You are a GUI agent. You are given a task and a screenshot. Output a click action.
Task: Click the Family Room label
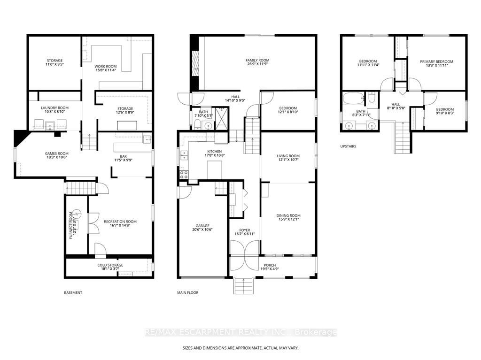257,61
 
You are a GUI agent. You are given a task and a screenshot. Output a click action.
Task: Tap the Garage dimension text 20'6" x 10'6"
202,230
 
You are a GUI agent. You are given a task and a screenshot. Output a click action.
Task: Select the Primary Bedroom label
436,61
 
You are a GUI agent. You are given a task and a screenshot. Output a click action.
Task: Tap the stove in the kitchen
184,175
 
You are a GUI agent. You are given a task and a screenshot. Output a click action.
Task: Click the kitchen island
214,169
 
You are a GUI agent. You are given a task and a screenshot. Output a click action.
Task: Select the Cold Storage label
110,265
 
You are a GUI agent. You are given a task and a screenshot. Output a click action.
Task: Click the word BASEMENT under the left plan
73,292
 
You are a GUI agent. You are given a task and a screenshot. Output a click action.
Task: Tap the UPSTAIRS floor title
348,146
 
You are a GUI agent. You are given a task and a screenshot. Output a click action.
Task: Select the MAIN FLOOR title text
188,292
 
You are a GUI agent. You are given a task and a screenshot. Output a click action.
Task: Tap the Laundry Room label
55,108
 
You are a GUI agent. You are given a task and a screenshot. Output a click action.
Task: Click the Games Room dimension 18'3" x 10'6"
57,157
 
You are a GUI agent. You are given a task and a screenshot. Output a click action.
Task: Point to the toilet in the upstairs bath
371,98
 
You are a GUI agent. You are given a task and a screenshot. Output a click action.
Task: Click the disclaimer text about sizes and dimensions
240,348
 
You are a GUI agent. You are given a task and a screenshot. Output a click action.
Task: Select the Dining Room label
288,215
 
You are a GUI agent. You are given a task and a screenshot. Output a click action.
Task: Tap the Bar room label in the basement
124,156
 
